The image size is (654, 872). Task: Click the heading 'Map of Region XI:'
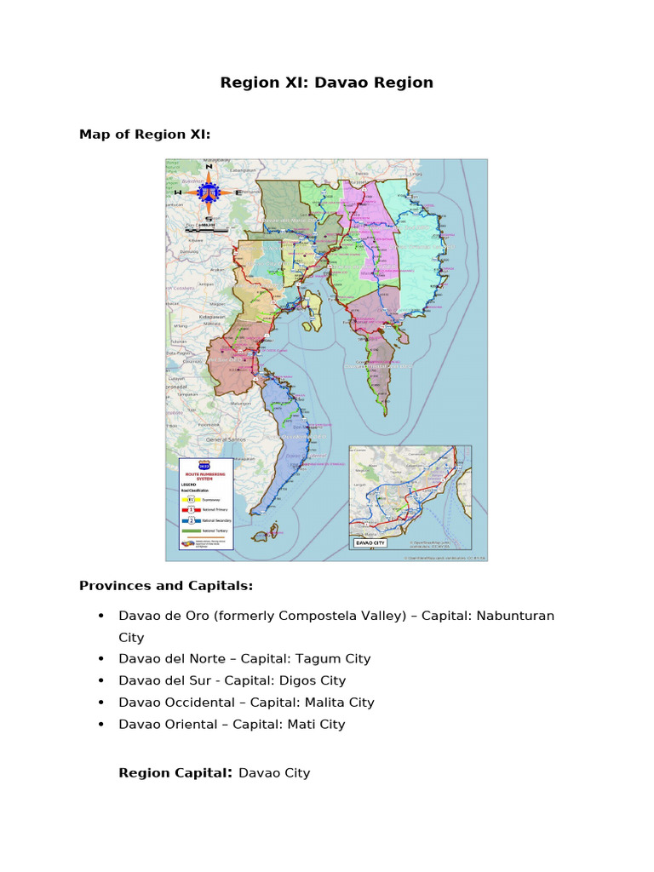pos(144,135)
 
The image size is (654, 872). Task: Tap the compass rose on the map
pos(209,193)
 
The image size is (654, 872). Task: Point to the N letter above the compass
pos(209,168)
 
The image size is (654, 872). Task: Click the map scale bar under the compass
pos(207,230)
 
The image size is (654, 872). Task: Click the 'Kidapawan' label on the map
pos(211,317)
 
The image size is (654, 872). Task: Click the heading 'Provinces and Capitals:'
pos(165,586)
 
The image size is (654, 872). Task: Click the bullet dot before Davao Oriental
pos(101,725)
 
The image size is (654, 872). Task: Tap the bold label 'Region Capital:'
pos(175,773)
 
